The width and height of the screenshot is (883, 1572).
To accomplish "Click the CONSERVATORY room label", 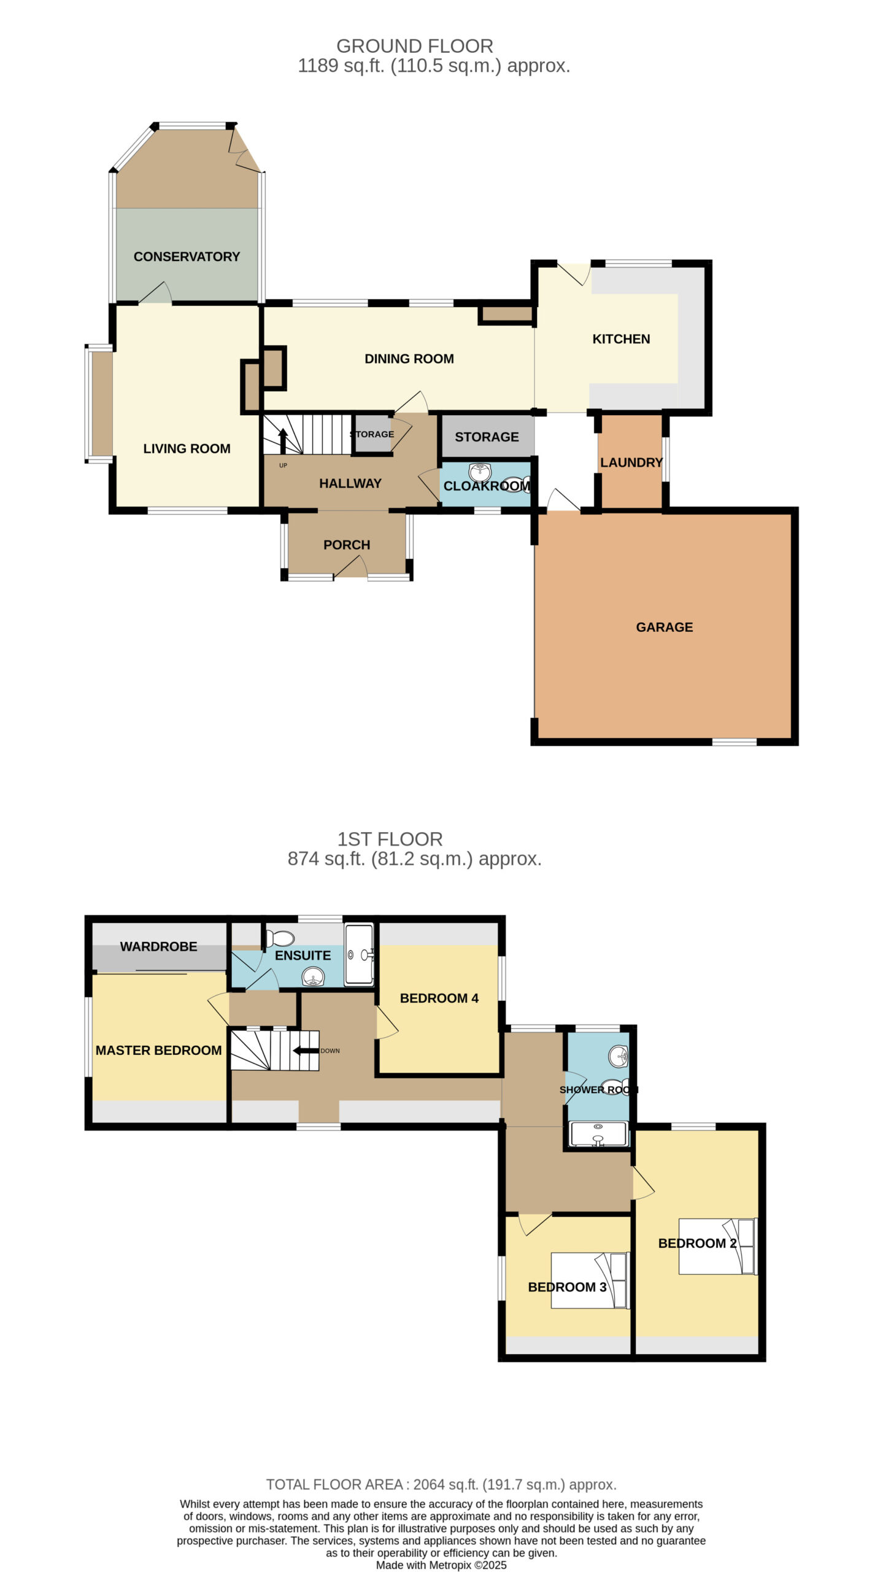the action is click(187, 257).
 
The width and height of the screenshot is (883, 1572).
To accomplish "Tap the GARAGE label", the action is click(665, 627).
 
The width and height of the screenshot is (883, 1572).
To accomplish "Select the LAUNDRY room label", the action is click(631, 462).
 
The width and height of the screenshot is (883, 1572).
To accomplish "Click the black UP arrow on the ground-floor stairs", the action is click(283, 440).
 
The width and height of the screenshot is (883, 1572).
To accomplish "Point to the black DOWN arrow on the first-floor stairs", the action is click(306, 1051).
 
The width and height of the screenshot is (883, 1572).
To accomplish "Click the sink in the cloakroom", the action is click(480, 472).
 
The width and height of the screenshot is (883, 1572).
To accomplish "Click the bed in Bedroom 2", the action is click(718, 1247).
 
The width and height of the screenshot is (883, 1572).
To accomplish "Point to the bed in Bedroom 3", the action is click(590, 1280).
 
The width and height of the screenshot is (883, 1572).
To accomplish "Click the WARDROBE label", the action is click(158, 946).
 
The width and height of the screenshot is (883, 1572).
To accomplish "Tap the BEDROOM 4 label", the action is click(439, 998).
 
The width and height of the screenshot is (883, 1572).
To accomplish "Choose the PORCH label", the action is click(347, 545).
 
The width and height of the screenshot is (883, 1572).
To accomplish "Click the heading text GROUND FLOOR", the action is click(415, 46).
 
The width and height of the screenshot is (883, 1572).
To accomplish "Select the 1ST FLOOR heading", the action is click(390, 839).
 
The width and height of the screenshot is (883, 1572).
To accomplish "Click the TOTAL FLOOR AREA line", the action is click(441, 1484).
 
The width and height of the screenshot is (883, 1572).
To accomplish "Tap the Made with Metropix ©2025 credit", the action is click(441, 1565).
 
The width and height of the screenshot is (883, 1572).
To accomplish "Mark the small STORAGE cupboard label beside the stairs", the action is click(372, 434).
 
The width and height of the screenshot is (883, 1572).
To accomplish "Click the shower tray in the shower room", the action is click(598, 1134).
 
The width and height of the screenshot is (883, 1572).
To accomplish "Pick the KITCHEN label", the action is click(621, 339).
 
